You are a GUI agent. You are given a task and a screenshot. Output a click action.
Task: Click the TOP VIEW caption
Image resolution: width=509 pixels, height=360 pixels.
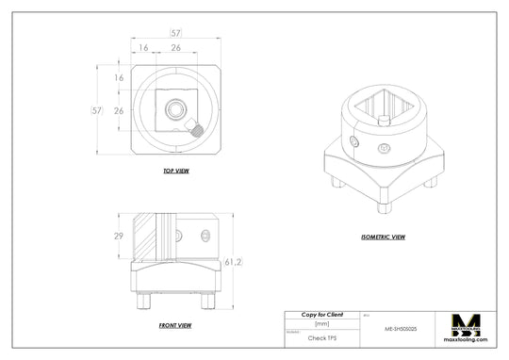[x=176, y=172]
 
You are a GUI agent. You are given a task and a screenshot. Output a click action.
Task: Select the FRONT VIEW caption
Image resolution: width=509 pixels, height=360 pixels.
[x=175, y=325]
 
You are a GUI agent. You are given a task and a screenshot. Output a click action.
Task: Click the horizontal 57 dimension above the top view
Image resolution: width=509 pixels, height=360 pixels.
[x=175, y=33]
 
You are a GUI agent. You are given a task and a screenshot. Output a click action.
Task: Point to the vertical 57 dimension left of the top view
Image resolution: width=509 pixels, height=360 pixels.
[x=96, y=110]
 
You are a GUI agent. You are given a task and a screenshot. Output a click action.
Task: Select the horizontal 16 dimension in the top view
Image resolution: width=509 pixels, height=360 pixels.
[x=143, y=47]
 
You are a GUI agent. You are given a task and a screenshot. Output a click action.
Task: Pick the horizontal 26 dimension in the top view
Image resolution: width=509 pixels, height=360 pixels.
[x=175, y=47]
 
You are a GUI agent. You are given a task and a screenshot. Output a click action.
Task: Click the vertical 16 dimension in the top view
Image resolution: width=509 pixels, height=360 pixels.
[x=119, y=78]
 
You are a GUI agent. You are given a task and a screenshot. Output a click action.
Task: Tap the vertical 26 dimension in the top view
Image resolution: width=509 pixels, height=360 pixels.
[x=119, y=110]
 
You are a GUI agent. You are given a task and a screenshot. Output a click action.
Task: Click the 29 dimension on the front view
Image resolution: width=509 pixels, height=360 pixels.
[x=120, y=236]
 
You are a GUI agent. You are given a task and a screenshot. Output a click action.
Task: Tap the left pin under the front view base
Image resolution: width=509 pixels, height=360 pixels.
[x=142, y=303]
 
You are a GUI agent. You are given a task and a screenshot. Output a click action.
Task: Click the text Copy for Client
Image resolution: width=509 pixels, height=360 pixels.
[x=321, y=314]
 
